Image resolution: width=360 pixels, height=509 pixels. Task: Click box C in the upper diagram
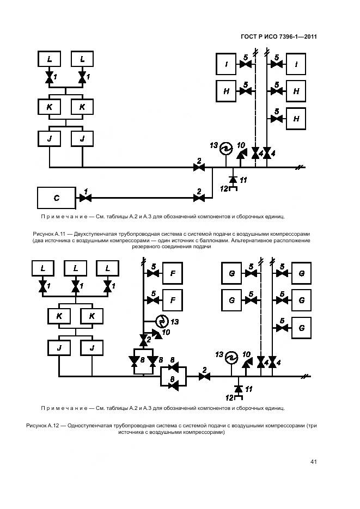point(56,198)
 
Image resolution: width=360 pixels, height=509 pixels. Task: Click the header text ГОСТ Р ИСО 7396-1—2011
point(279,37)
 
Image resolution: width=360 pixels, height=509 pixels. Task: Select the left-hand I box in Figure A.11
point(225,65)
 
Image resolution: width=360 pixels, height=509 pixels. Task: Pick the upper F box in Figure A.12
point(172,273)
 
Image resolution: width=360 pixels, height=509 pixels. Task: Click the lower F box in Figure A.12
point(172,299)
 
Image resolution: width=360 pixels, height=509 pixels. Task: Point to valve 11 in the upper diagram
point(233,179)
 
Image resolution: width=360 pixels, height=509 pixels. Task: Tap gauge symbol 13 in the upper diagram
point(225,149)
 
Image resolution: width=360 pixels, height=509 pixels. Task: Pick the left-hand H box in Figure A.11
point(226,91)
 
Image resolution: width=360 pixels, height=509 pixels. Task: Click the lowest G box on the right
point(301,328)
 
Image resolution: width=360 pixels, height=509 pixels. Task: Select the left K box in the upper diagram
point(49,107)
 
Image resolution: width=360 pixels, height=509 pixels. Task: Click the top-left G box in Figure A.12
point(232,273)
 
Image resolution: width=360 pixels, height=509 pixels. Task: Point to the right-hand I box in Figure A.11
point(296,65)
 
